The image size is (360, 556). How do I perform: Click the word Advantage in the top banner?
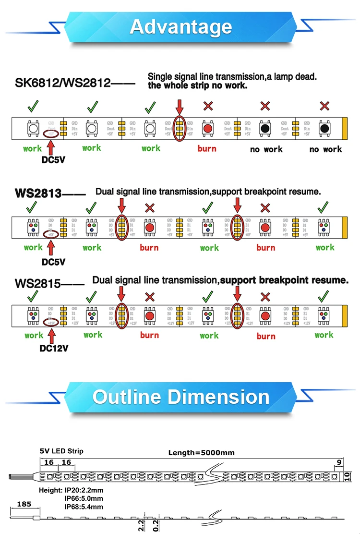coord(180,27)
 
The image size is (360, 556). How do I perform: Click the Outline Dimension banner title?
coord(180,397)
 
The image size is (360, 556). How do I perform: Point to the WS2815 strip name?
coord(38,283)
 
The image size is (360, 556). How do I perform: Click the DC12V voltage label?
coord(54,348)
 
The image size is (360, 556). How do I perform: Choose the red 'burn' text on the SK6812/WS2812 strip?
coord(207,148)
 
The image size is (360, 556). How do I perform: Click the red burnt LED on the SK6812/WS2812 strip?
coord(207,128)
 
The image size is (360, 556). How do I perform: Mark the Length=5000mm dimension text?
coord(201,452)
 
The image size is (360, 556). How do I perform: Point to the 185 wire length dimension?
coord(24,504)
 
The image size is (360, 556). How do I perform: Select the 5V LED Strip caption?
coord(61,451)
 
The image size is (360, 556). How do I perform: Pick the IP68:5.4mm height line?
coord(84,507)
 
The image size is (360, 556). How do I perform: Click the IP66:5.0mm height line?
coord(84,498)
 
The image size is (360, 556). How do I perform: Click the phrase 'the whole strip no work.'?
coord(198,86)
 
